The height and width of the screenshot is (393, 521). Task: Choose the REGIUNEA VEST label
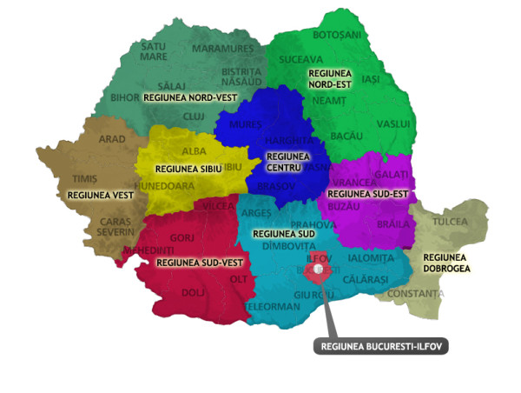(100, 195)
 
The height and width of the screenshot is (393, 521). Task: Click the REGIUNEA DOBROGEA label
(446, 263)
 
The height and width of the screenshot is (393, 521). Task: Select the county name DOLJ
(193, 293)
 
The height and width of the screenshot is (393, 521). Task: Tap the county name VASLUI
(393, 124)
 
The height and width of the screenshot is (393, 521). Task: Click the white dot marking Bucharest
(321, 270)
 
